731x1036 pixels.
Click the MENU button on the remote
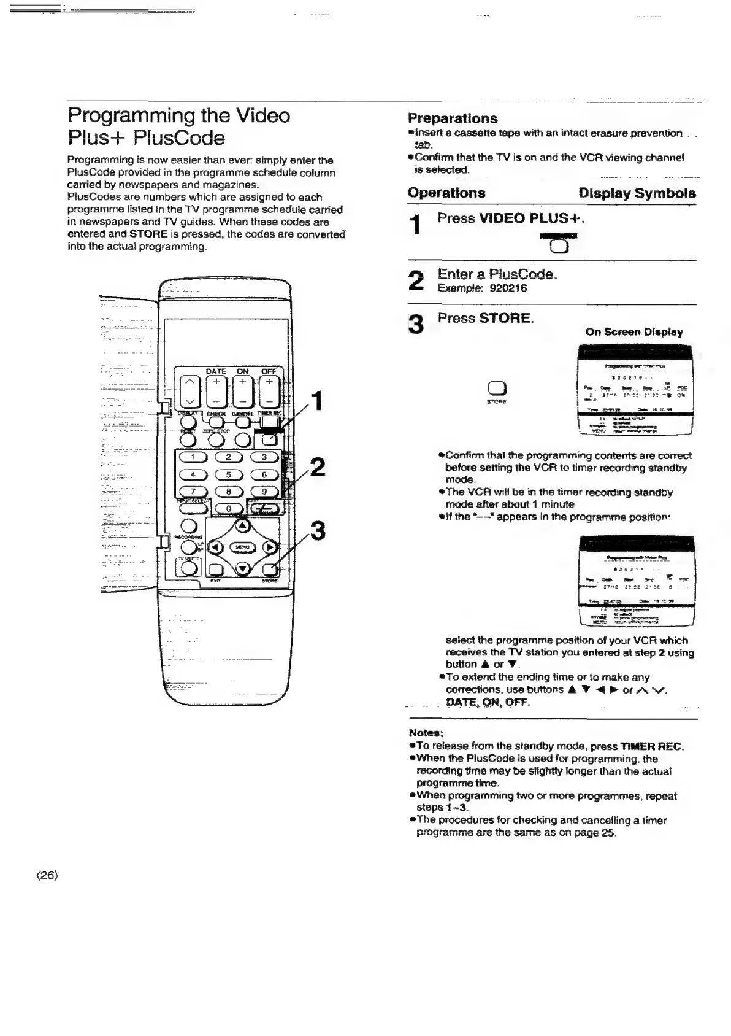coord(242,547)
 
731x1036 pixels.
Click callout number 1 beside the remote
coord(317,401)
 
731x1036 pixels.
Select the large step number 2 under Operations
coord(416,281)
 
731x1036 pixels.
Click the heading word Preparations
coord(453,118)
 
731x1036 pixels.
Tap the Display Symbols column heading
coord(637,193)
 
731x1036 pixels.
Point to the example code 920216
coord(508,288)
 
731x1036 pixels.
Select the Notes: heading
coord(426,733)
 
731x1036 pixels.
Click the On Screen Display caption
coord(634,332)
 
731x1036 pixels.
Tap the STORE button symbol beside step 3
coord(496,388)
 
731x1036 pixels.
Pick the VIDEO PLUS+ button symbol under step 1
coord(559,246)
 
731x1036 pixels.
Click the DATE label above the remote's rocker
coord(215,371)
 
